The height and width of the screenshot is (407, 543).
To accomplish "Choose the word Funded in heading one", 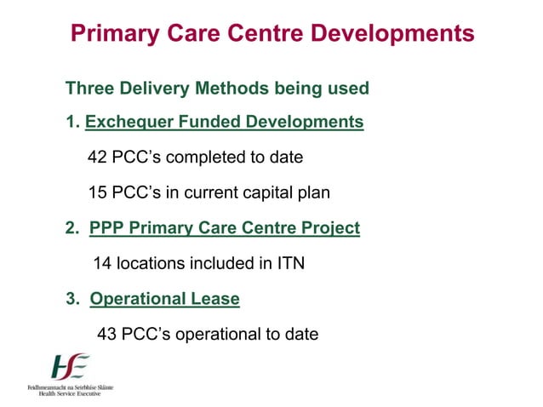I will coord(209,123).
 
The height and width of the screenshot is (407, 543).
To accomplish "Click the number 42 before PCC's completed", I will coord(98,158).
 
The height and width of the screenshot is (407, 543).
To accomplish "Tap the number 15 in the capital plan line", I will coord(98,193).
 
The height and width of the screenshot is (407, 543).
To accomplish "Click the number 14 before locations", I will coord(102,264).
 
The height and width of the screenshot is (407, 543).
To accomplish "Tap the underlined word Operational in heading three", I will coord(137,299).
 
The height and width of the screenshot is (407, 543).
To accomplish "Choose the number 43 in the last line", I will coord(107,334).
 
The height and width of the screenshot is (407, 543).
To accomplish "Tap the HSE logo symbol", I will coord(70,367).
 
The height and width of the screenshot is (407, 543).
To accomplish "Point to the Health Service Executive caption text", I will coord(71,393).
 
